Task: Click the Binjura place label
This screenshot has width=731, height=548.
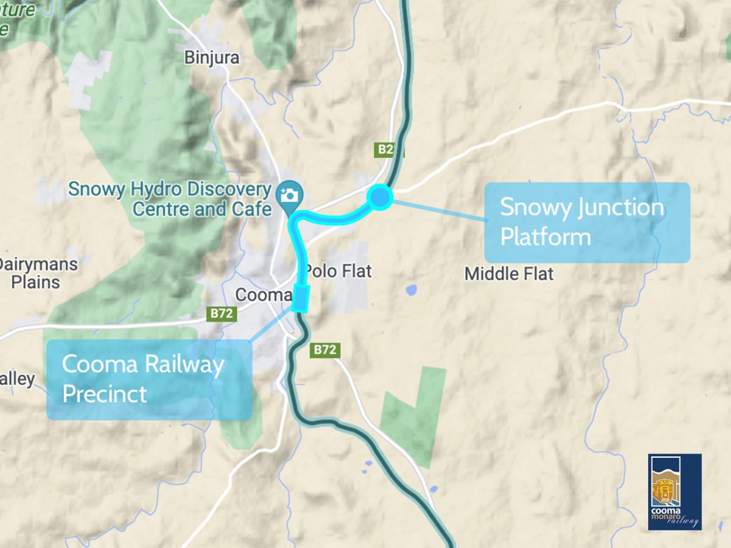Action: (x=211, y=58)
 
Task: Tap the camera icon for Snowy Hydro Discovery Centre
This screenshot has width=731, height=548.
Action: (x=289, y=195)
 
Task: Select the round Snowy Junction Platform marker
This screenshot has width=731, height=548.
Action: (x=380, y=197)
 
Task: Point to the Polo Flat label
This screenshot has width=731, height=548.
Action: (x=338, y=271)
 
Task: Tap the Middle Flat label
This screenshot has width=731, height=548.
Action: (x=509, y=274)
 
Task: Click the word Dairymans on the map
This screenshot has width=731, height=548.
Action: (x=38, y=265)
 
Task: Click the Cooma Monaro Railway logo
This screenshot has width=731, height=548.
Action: (x=674, y=491)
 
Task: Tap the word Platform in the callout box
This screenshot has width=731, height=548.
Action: (x=545, y=236)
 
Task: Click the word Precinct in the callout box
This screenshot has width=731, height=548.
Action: (x=104, y=393)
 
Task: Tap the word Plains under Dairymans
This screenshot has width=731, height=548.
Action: (x=35, y=283)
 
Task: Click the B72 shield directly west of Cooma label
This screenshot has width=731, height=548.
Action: (x=222, y=314)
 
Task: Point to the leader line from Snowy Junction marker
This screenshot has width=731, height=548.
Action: (x=439, y=209)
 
